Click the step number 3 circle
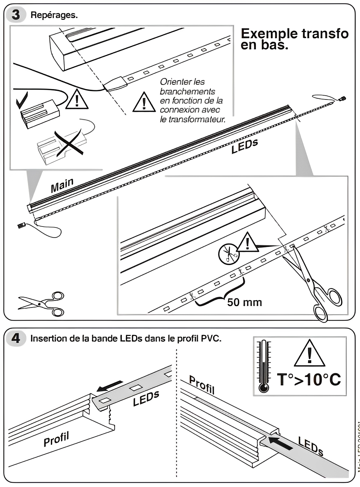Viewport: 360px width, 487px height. click(16, 15)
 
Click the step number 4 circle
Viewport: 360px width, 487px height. click(16, 338)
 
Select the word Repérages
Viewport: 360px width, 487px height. click(54, 15)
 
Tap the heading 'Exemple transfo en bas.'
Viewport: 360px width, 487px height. click(294, 39)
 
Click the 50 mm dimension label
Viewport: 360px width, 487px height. click(244, 302)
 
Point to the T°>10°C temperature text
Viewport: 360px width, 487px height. click(309, 380)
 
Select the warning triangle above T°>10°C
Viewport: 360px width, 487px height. click(310, 354)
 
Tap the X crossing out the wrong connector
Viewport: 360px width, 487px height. click(69, 143)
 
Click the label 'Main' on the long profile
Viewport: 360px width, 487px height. click(62, 185)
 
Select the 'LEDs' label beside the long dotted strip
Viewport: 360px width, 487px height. click(244, 146)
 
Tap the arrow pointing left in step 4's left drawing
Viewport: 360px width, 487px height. click(110, 386)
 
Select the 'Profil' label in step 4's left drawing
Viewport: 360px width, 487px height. click(56, 439)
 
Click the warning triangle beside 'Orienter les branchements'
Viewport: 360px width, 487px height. click(144, 103)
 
